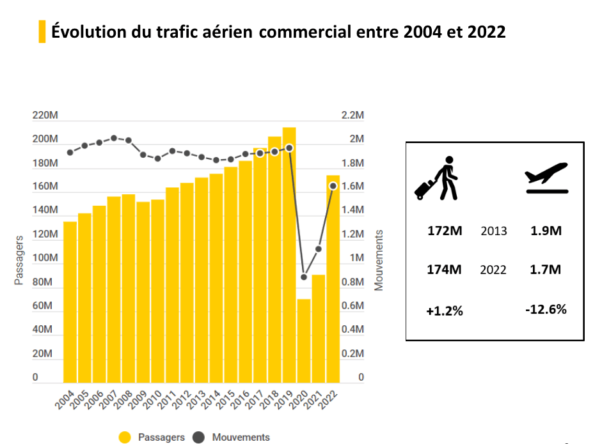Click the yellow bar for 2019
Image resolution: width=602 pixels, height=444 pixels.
(x=289, y=256)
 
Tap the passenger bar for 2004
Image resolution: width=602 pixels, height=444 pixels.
(x=70, y=300)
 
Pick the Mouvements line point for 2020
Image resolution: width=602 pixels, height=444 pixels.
(x=304, y=277)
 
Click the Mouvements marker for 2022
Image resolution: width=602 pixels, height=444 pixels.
(x=333, y=186)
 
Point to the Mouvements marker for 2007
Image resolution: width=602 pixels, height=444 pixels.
(x=114, y=138)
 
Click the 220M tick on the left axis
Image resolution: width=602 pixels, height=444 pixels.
(x=45, y=116)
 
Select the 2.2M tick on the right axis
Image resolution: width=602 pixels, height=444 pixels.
(x=352, y=116)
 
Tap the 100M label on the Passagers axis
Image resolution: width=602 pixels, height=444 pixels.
(x=45, y=258)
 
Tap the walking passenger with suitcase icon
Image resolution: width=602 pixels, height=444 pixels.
(x=438, y=178)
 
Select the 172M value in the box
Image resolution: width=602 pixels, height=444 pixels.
(x=445, y=231)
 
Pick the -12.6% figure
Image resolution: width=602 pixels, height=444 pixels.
(x=546, y=310)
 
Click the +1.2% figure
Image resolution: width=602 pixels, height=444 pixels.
(x=445, y=311)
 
